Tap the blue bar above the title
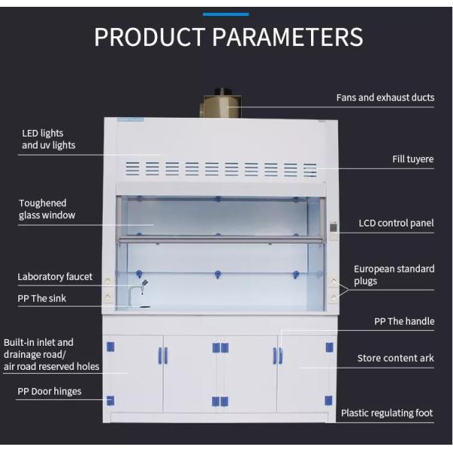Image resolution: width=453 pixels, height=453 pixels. pyautogui.click(x=226, y=13)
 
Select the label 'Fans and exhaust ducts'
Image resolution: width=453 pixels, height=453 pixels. pyautogui.click(x=385, y=98)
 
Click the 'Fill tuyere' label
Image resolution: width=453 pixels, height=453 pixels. pyautogui.click(x=413, y=159)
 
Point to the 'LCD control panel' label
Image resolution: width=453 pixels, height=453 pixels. pyautogui.click(x=396, y=223)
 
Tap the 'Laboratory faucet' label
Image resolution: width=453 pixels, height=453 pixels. pyautogui.click(x=55, y=277)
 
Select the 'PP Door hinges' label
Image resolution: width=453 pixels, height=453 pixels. pyautogui.click(x=50, y=392)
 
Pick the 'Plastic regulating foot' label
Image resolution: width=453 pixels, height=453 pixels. pyautogui.click(x=387, y=413)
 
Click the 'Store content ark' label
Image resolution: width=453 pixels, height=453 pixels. pyautogui.click(x=396, y=359)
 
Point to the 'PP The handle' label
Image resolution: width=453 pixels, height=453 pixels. pyautogui.click(x=404, y=322)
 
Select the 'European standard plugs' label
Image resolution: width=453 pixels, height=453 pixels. pyautogui.click(x=394, y=275)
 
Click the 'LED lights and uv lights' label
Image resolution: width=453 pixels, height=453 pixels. pyautogui.click(x=48, y=140)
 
